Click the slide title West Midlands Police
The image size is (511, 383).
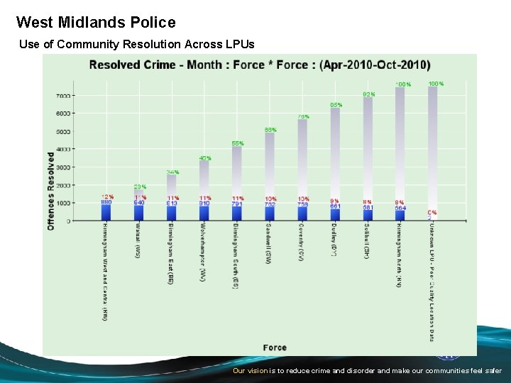coord(96,23)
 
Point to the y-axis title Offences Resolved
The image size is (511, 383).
coord(51,189)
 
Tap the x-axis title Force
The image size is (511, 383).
coord(275,348)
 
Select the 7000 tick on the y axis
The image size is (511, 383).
coord(62,96)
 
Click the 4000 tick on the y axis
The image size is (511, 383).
coord(62,150)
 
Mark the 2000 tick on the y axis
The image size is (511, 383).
coord(62,185)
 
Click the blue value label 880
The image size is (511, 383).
coord(106,202)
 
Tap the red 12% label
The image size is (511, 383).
coord(106,196)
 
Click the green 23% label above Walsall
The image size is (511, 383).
coord(140,187)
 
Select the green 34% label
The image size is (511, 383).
coord(172,172)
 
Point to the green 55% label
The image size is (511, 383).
coord(237,143)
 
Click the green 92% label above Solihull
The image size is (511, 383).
coord(368,94)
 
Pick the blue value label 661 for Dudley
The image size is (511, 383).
coord(335,206)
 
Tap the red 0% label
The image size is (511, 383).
coord(432,212)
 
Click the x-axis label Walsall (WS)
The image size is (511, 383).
coord(138,241)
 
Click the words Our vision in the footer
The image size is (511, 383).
coord(251,371)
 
